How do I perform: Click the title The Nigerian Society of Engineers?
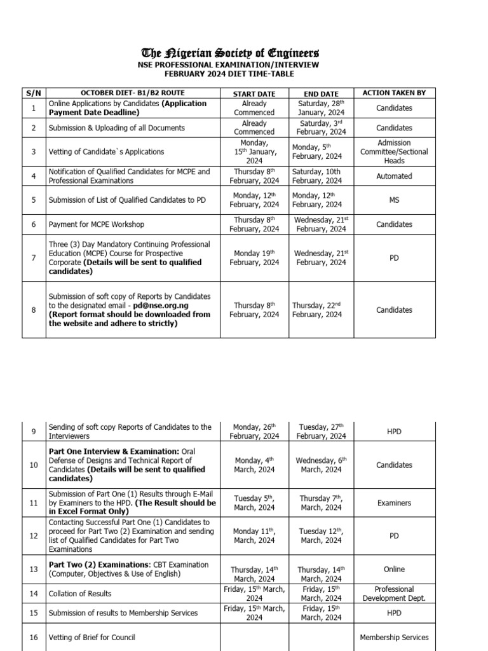point(230,53)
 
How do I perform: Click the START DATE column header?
point(254,93)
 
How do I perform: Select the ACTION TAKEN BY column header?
point(394,93)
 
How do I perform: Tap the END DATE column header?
point(321,93)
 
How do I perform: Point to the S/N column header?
point(34,93)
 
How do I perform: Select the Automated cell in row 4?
point(394,176)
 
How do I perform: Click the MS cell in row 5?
point(394,200)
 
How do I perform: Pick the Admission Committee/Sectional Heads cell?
point(394,152)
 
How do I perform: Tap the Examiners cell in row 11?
point(394,503)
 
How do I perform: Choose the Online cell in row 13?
point(394,569)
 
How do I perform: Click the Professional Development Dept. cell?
point(394,594)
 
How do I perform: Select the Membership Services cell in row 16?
point(394,637)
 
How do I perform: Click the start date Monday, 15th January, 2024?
point(254,152)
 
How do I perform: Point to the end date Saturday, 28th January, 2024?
point(321,108)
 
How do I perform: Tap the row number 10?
point(34,465)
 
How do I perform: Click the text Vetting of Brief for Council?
point(92,637)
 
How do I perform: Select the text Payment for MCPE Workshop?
point(96,224)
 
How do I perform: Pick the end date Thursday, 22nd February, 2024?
point(321,310)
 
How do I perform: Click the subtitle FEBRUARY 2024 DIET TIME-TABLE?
point(230,74)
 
